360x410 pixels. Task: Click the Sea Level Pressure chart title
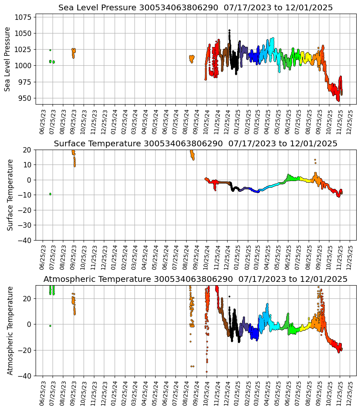[195, 8]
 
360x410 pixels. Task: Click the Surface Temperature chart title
[195, 143]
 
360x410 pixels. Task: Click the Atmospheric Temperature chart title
[195, 279]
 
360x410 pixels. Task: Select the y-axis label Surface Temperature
[10, 195]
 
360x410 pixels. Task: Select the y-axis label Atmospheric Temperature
[10, 330]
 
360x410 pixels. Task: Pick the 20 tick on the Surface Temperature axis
[28, 150]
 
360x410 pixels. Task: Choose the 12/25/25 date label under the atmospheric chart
[350, 390]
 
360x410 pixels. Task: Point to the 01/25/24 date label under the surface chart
[115, 254]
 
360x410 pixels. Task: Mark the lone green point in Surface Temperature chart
[50, 194]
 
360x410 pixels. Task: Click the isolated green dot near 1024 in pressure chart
[50, 50]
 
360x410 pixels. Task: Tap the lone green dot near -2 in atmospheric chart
[50, 326]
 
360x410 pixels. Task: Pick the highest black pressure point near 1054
[229, 30]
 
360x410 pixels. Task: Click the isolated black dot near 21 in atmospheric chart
[229, 296]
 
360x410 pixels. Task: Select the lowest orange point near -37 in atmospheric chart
[206, 372]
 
